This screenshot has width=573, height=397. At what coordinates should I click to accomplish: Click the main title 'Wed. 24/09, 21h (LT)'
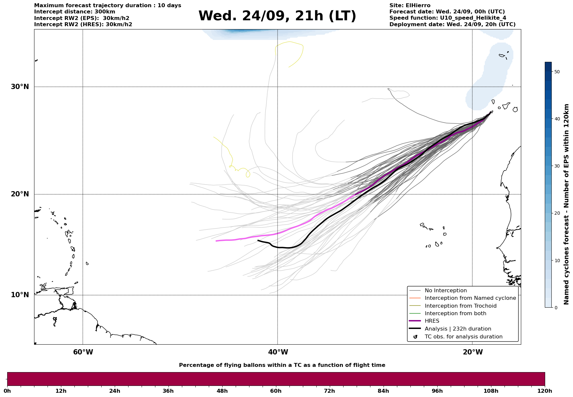point(277,16)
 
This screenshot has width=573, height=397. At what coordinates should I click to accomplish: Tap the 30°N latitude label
point(20,87)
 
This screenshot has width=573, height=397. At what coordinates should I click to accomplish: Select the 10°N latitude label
point(20,295)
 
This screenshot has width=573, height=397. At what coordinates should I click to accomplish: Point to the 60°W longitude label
point(83,352)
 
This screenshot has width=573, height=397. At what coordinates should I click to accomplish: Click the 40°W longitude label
point(278,352)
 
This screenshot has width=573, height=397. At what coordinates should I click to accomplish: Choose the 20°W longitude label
point(473,352)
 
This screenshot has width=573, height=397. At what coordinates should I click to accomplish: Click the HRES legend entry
point(432,321)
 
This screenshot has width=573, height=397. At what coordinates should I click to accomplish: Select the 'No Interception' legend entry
point(445,291)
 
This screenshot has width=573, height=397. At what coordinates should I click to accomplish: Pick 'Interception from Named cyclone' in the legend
point(470,298)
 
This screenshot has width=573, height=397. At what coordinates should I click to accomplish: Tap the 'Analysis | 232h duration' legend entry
point(458,329)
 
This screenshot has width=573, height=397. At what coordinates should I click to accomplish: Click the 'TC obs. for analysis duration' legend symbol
point(415,337)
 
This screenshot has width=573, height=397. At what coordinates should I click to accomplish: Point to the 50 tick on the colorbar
point(557,72)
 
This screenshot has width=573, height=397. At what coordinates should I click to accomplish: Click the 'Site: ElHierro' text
point(410,6)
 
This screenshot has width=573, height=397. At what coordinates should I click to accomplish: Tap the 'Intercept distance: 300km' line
point(74,12)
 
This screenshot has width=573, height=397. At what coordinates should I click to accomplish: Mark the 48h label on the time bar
point(222,391)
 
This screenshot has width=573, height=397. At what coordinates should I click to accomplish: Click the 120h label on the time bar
point(544,391)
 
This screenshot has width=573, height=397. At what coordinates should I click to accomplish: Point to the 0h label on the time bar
point(7,391)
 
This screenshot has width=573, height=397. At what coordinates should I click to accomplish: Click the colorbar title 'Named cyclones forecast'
point(566,204)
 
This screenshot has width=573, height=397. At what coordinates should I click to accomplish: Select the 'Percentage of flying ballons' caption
point(282,365)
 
